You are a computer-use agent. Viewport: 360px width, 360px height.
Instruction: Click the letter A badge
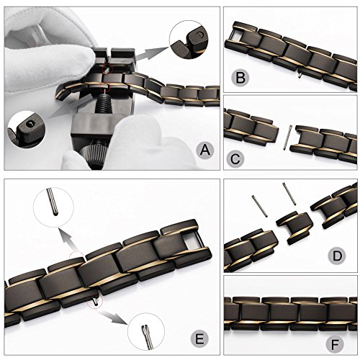click(x=204, y=150)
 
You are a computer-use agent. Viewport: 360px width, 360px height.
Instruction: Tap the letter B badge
click(x=240, y=78)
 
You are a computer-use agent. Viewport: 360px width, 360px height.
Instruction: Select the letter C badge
click(x=235, y=158)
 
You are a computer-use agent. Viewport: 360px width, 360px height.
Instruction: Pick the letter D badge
click(x=338, y=256)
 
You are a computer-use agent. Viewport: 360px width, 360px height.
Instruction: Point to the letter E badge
click(x=199, y=339)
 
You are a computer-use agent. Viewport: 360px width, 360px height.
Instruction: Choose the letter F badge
click(x=335, y=344)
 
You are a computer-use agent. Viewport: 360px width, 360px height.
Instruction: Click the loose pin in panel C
click(x=287, y=138)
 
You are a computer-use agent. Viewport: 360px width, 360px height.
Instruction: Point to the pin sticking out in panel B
click(x=300, y=76)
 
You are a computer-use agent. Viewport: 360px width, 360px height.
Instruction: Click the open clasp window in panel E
click(x=192, y=240)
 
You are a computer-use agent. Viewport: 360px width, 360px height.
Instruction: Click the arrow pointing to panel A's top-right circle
click(x=150, y=53)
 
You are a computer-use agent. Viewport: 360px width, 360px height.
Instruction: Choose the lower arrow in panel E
click(x=113, y=317)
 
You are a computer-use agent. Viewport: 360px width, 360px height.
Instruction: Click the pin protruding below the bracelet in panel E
click(x=96, y=302)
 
